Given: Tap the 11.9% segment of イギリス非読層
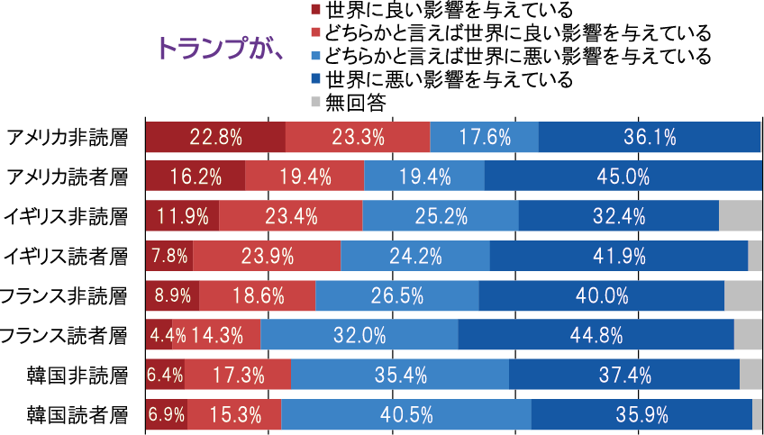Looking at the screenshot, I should pyautogui.click(x=182, y=215).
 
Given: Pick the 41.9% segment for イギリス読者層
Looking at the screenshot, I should pyautogui.click(x=618, y=255).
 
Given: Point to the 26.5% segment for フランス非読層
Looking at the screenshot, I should pyautogui.click(x=396, y=295).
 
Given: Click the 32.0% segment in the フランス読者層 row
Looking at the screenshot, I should pyautogui.click(x=359, y=335).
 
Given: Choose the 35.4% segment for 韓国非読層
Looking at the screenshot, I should pyautogui.click(x=399, y=374).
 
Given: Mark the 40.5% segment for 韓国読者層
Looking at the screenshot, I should pyautogui.click(x=405, y=414).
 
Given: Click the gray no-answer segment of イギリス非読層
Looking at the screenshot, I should pyautogui.click(x=741, y=215).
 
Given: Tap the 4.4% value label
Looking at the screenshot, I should pyautogui.click(x=168, y=335).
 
